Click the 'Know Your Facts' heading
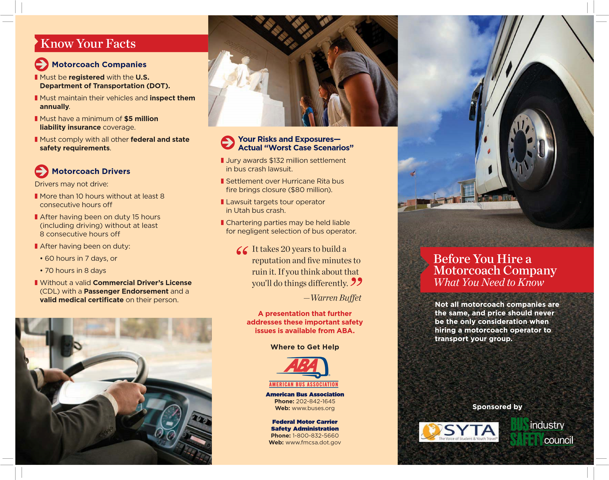88,44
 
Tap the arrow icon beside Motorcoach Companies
42,64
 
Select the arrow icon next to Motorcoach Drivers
42,171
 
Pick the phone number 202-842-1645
316,401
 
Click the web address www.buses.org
313,408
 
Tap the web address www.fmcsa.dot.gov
313,442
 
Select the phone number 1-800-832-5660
316,436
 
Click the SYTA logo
459,432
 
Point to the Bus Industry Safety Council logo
541,432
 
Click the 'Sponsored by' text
497,407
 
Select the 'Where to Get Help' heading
305,347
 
